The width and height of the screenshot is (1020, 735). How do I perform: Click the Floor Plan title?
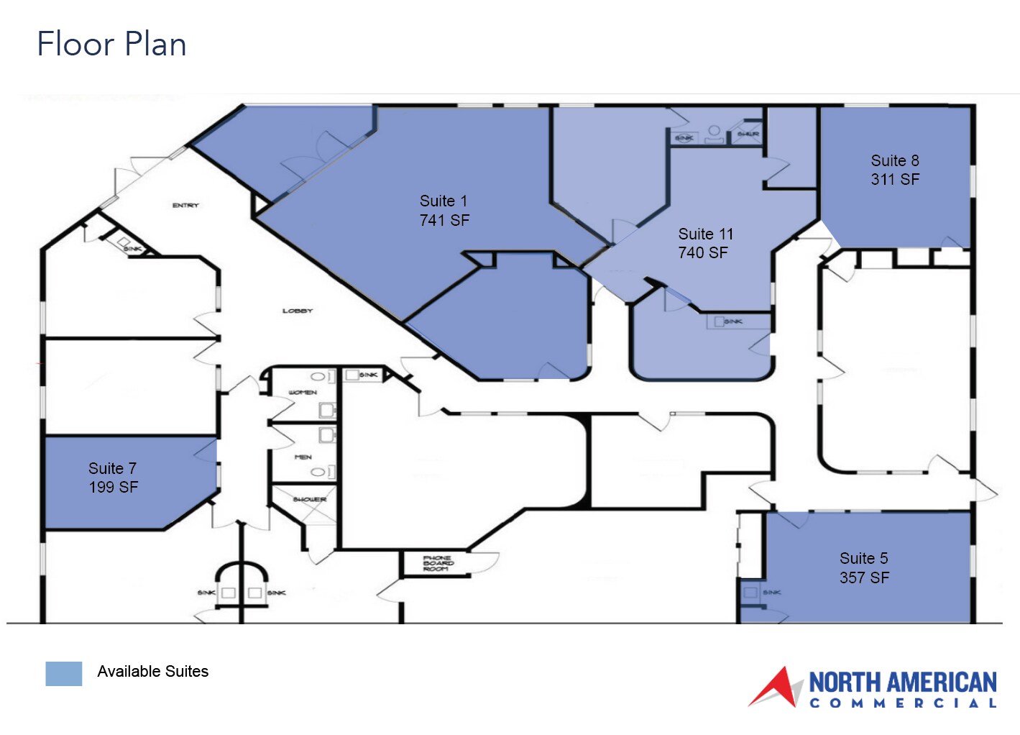pos(111,44)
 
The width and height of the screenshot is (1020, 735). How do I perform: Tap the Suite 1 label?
pos(444,201)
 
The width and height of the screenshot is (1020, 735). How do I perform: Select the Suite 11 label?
pos(706,234)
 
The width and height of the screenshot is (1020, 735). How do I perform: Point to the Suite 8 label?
pos(895,161)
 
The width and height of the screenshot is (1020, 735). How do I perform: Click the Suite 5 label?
pos(863,559)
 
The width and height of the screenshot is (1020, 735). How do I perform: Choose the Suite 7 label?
pos(112,469)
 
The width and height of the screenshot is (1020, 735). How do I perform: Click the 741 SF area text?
pos(444,221)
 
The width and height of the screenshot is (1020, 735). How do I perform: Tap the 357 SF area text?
pos(864,578)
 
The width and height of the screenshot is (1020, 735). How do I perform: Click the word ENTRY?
pos(185,206)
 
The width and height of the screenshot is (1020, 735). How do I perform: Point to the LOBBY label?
pos(298,311)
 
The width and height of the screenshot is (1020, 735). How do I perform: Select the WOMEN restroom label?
pos(303,393)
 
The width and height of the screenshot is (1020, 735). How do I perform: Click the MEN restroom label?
pos(303,457)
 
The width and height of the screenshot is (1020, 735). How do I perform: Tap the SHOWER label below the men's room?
pos(310,499)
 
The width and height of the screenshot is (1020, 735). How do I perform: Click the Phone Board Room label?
pos(437,563)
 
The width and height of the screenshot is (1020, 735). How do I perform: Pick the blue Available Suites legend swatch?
pos(64,673)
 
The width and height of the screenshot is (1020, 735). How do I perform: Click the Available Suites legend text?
pos(152,672)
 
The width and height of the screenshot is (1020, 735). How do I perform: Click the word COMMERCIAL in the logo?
pos(903,703)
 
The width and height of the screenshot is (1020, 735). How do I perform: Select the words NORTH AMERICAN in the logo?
pos(903,682)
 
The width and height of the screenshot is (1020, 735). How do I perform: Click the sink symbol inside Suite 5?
pos(751,593)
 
